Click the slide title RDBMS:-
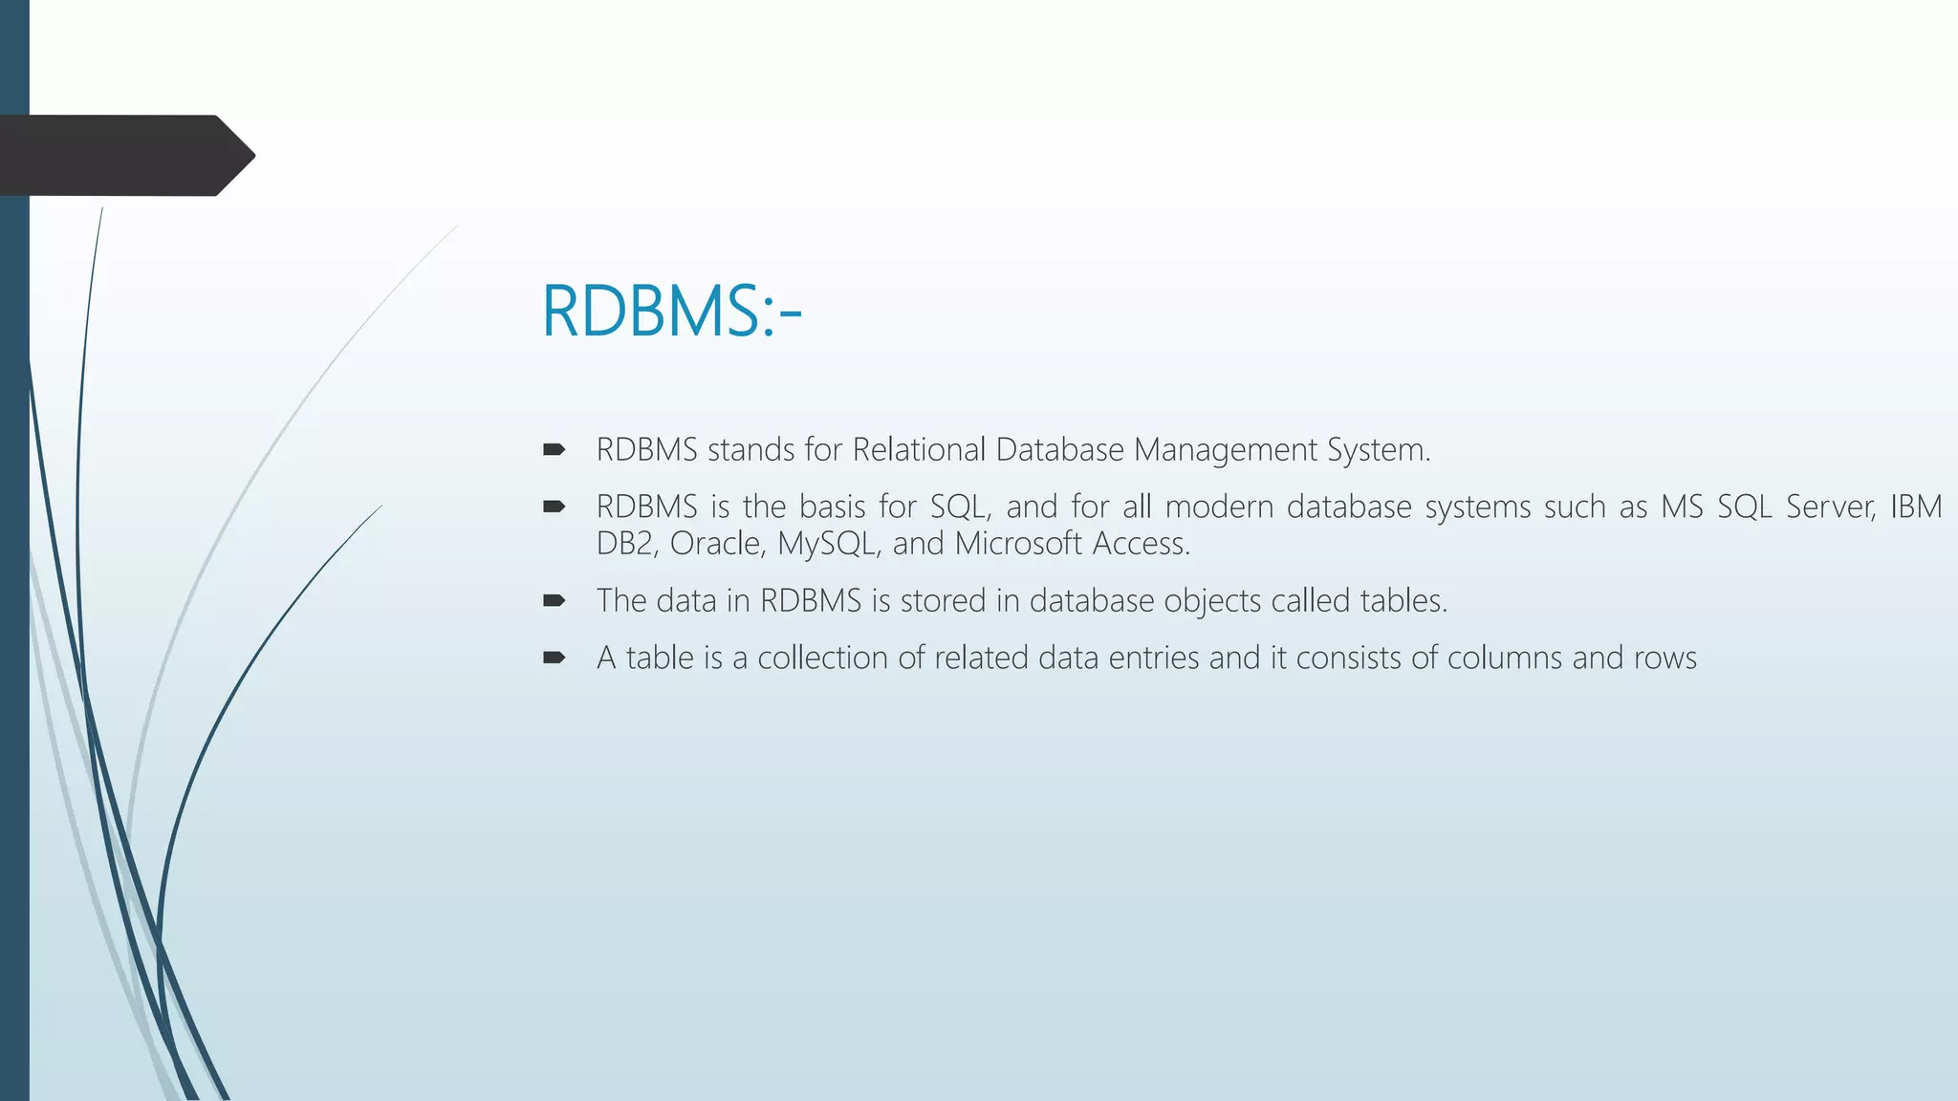[671, 312]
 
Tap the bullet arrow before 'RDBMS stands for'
[554, 449]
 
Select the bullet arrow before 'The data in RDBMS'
[554, 600]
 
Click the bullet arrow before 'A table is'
[554, 658]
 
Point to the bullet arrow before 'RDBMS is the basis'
[554, 507]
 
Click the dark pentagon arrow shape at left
[124, 156]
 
